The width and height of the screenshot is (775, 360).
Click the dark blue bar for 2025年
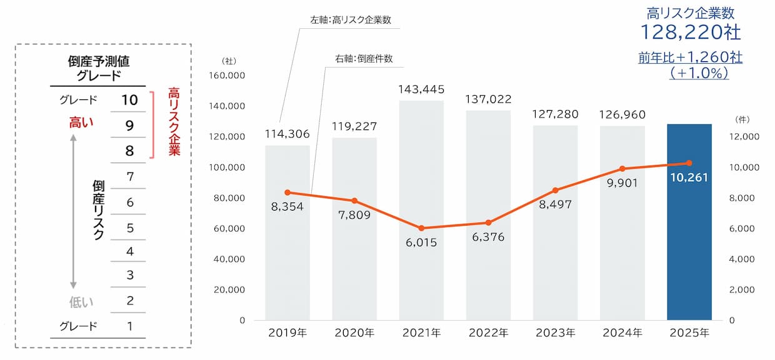pyautogui.click(x=689, y=250)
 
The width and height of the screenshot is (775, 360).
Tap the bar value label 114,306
pyautogui.click(x=287, y=134)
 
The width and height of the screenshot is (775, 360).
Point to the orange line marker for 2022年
pyautogui.click(x=488, y=222)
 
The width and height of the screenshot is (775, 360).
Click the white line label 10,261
pyautogui.click(x=689, y=177)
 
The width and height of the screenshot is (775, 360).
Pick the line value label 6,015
pyautogui.click(x=421, y=242)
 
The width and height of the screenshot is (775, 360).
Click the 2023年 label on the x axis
pyautogui.click(x=554, y=333)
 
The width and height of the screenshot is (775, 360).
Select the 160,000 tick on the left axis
pyautogui.click(x=229, y=76)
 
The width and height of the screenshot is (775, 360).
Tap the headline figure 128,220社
pyautogui.click(x=690, y=31)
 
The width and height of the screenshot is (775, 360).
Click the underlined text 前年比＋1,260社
pyautogui.click(x=690, y=57)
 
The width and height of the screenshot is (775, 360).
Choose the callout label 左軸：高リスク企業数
pyautogui.click(x=351, y=19)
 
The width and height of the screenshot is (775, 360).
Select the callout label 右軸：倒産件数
pyautogui.click(x=364, y=59)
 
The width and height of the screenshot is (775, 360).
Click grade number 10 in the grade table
pyautogui.click(x=129, y=99)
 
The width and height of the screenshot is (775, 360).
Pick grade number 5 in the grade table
pyautogui.click(x=129, y=227)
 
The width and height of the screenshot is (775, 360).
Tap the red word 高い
pyautogui.click(x=81, y=123)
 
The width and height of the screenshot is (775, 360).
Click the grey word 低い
pyautogui.click(x=81, y=302)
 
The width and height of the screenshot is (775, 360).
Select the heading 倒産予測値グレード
pyautogui.click(x=98, y=69)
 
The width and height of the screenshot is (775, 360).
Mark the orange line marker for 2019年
pyautogui.click(x=287, y=192)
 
